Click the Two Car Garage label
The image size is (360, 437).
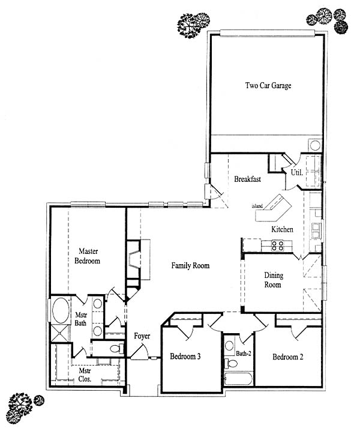click(x=268, y=85)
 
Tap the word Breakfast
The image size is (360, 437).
click(x=247, y=179)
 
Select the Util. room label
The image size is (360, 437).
click(x=297, y=172)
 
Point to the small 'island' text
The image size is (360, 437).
click(x=257, y=206)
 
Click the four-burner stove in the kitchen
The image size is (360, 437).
click(x=278, y=246)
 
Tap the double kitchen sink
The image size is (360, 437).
click(x=316, y=231)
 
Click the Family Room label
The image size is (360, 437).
click(x=190, y=265)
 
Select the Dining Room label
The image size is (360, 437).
click(x=274, y=280)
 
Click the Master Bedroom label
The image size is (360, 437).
click(x=87, y=256)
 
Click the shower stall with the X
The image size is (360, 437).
click(x=60, y=333)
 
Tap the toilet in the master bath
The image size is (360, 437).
click(x=117, y=348)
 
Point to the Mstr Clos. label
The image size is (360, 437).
click(x=85, y=375)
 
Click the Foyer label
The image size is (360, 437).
click(x=142, y=336)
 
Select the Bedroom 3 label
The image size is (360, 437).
click(x=185, y=356)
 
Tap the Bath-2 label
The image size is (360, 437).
click(x=244, y=354)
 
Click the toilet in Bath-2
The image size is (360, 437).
click(x=231, y=363)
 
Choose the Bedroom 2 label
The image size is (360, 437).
click(x=288, y=357)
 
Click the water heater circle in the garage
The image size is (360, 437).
click(x=316, y=145)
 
